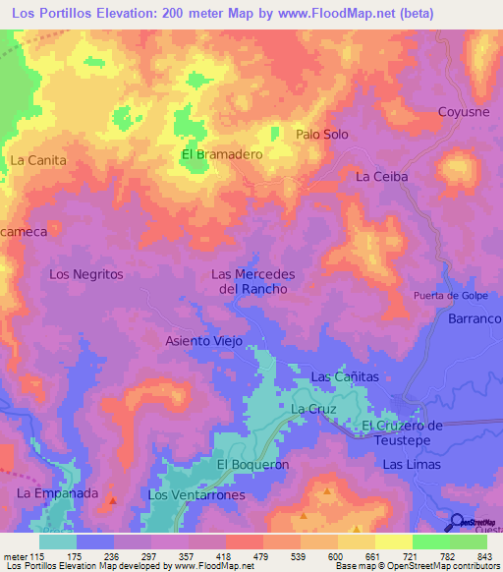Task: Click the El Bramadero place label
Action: (x=221, y=154)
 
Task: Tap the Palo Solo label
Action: (x=322, y=135)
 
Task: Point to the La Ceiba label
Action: (x=381, y=177)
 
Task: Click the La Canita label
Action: (x=37, y=159)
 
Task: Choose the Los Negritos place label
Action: (x=86, y=274)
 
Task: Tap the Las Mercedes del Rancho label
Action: (x=253, y=282)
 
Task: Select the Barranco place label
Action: (x=475, y=319)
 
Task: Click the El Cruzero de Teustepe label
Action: (x=417, y=432)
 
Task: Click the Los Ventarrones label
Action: (x=196, y=495)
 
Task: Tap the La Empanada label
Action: (x=58, y=492)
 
